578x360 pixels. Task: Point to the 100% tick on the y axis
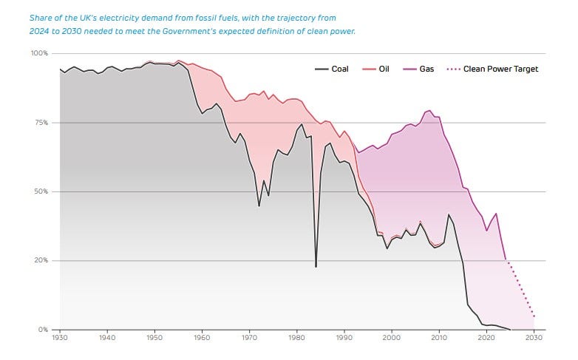point(39,54)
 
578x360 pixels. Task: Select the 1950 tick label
point(154,339)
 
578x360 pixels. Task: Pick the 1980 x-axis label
point(296,339)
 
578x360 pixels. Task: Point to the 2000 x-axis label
point(391,339)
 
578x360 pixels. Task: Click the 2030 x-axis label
point(533,339)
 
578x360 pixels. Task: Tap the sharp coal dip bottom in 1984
point(316,267)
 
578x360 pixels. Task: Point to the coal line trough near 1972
point(259,206)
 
